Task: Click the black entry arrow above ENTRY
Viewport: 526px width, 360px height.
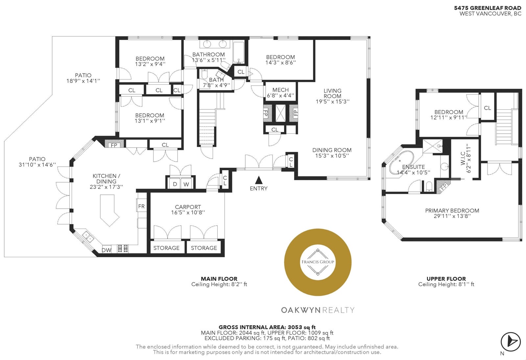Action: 258,180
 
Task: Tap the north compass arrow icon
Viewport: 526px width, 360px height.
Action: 510,342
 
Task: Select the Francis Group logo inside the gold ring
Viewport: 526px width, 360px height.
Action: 318,262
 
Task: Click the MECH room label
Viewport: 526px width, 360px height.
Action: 281,90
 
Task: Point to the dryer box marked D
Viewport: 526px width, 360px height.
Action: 175,184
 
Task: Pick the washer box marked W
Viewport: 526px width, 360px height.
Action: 186,184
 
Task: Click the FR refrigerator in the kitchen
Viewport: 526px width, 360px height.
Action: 141,206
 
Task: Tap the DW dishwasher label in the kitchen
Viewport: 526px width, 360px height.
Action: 107,250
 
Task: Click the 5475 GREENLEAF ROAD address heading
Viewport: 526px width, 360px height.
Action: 488,8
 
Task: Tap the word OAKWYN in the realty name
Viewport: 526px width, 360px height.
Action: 301,310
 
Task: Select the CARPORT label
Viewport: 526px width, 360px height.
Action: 188,207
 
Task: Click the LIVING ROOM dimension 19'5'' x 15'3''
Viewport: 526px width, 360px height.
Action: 332,101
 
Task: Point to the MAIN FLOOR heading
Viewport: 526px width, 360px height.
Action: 219,279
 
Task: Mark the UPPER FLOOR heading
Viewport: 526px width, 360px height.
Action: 446,279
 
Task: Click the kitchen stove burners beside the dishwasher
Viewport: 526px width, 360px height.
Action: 123,249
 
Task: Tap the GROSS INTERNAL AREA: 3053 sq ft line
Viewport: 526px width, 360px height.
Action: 267,327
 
